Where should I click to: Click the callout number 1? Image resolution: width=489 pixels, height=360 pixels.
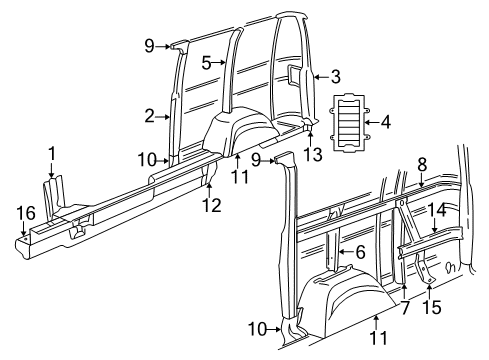coord(51,152)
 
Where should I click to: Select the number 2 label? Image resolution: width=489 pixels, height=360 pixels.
coord(149,116)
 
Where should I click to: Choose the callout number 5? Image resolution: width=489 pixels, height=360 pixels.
coord(205,62)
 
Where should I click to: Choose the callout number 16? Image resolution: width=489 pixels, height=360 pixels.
coord(24,212)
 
